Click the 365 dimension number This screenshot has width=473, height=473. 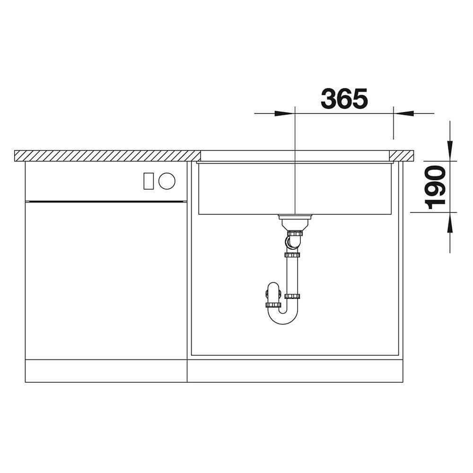tap(344, 99)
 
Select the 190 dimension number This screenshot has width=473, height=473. tap(435, 187)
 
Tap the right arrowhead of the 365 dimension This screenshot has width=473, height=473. tap(403, 114)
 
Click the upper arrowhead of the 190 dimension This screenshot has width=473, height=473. tap(450, 151)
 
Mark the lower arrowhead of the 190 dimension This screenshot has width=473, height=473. tap(450, 222)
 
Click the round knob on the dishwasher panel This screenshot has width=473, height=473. tap(167, 181)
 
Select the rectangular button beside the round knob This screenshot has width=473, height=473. tap(149, 181)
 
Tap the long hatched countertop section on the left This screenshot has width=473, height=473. tap(107, 156)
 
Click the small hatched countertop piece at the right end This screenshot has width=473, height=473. tap(401, 155)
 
